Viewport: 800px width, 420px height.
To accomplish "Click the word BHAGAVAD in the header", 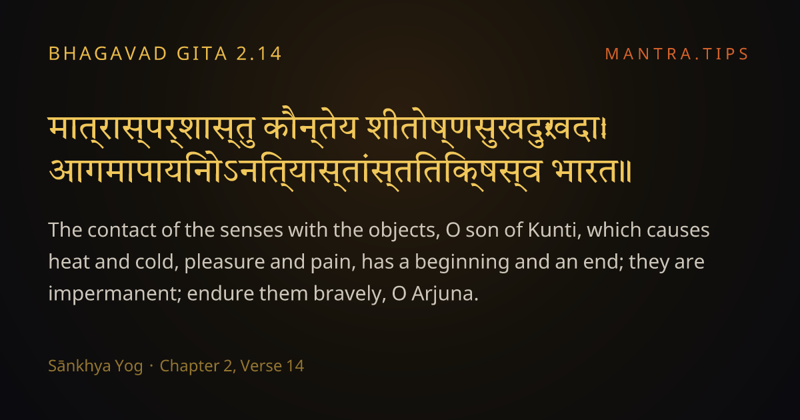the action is pos(108,53).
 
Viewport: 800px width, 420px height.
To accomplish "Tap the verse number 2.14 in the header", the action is pos(259,53).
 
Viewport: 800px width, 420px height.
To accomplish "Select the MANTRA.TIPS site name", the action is pos(677,54).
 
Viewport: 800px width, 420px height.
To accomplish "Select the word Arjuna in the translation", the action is pos(445,294).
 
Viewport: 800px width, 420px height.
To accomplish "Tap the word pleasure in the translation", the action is pos(224,263).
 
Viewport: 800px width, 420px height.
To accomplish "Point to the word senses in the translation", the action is pos(251,231).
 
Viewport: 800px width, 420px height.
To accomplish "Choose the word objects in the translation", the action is pos(404,230).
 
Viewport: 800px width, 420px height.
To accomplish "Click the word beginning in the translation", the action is pos(462,263).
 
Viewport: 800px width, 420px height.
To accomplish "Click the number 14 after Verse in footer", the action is pos(295,366).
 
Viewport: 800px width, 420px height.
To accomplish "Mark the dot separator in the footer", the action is pos(151,366).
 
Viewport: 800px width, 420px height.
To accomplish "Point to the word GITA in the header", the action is pos(202,53).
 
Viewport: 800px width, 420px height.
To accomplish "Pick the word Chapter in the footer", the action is pos(189,366).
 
